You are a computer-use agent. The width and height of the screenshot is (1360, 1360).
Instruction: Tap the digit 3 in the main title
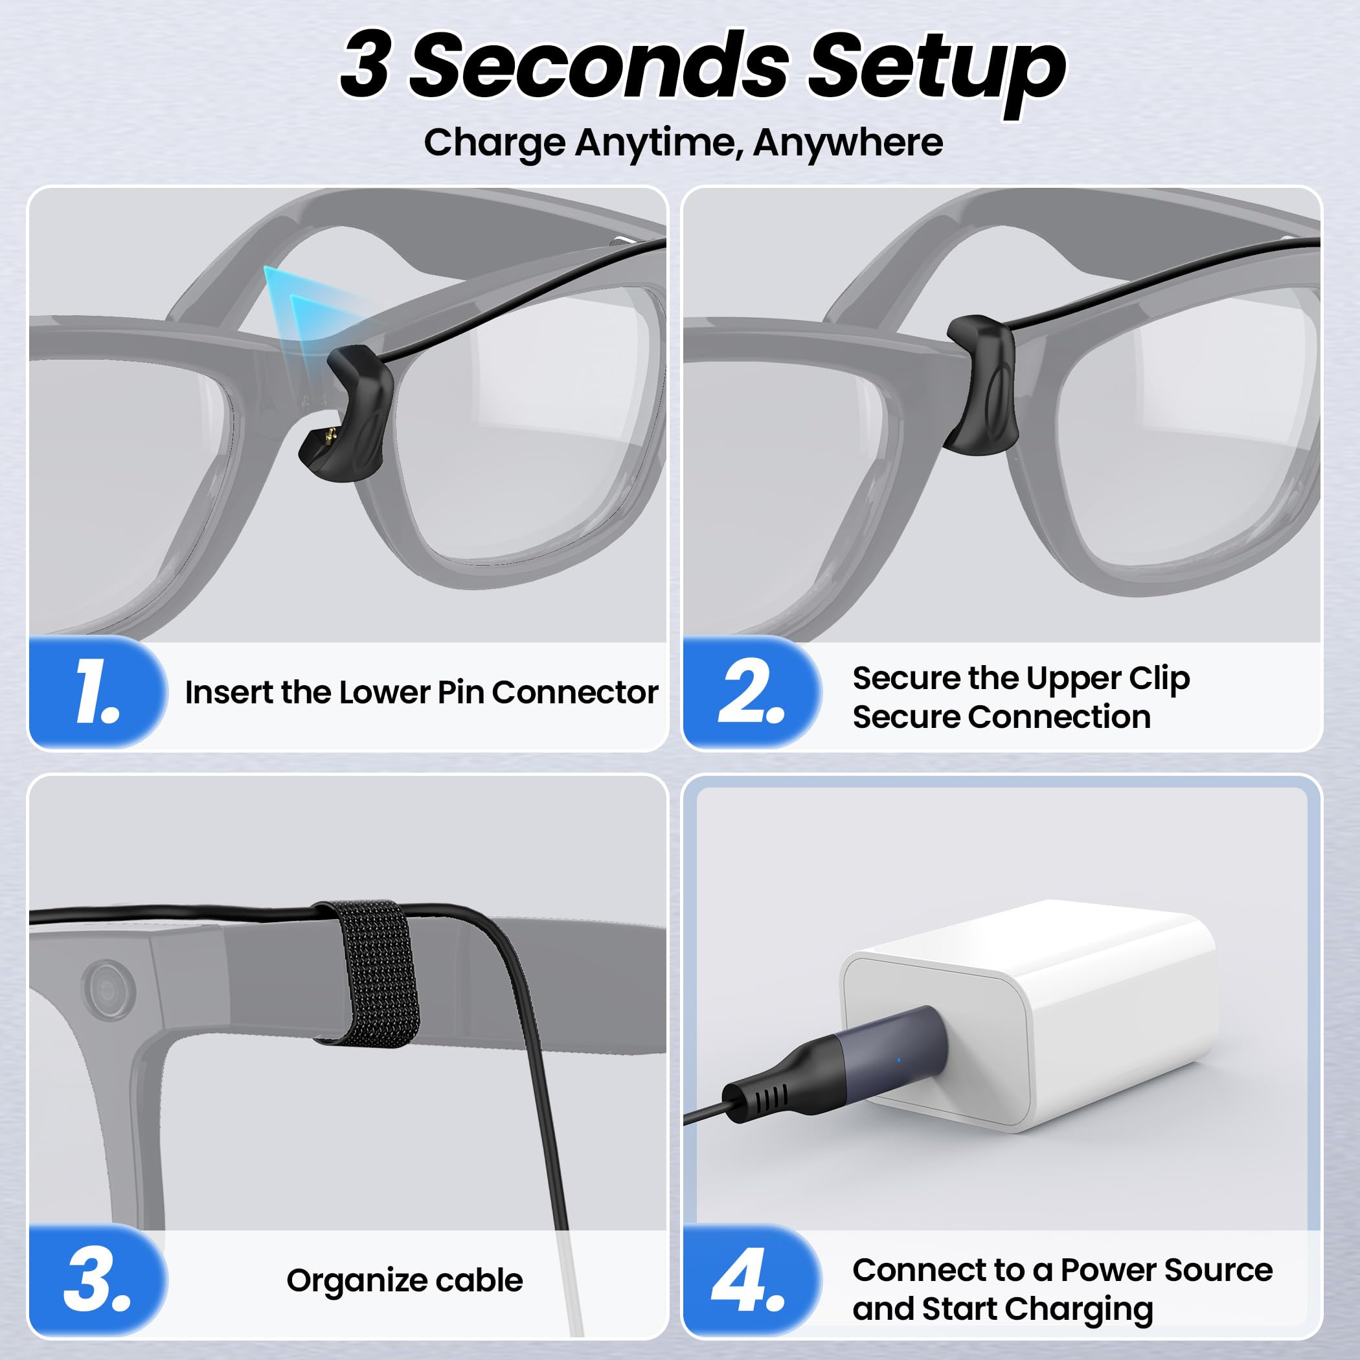(x=365, y=65)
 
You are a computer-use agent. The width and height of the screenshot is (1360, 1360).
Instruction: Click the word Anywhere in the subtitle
(x=848, y=143)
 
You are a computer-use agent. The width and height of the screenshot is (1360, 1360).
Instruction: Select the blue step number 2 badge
(x=751, y=692)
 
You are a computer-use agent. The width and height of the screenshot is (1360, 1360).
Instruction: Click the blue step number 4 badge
(x=751, y=1280)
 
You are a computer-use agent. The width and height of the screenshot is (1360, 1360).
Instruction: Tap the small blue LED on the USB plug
(x=899, y=1060)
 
